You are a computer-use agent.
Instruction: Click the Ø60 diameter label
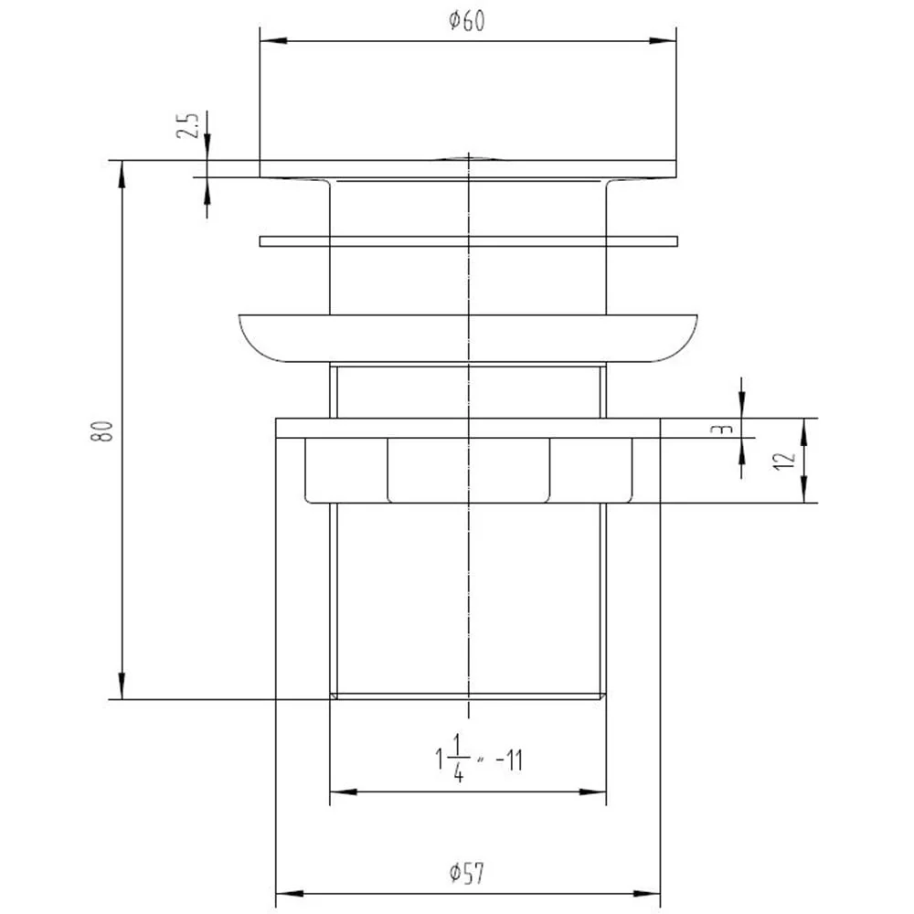click(x=466, y=21)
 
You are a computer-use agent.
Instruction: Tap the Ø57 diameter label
click(x=466, y=873)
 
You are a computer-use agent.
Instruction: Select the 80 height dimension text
click(x=102, y=430)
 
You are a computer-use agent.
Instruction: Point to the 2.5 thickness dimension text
click(x=187, y=125)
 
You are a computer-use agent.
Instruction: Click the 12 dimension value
click(x=784, y=461)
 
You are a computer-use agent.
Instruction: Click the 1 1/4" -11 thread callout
click(x=479, y=759)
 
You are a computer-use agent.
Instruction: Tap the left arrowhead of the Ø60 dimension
click(x=272, y=41)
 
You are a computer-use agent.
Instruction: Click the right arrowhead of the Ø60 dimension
click(x=663, y=41)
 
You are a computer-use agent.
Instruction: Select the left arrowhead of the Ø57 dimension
click(x=289, y=894)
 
